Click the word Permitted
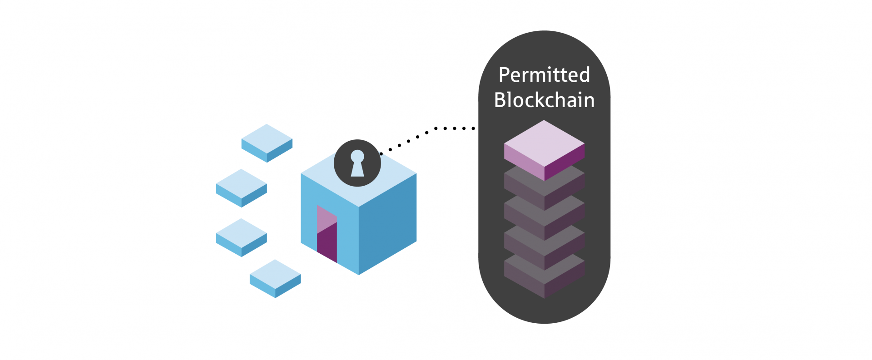(x=544, y=75)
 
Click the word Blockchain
(x=544, y=100)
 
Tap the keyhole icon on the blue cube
(x=357, y=163)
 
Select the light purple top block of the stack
(x=544, y=143)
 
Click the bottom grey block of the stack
(x=544, y=277)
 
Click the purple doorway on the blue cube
(x=327, y=234)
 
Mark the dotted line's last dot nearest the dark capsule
(x=473, y=128)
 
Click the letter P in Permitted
(x=504, y=75)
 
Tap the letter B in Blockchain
(x=500, y=100)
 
